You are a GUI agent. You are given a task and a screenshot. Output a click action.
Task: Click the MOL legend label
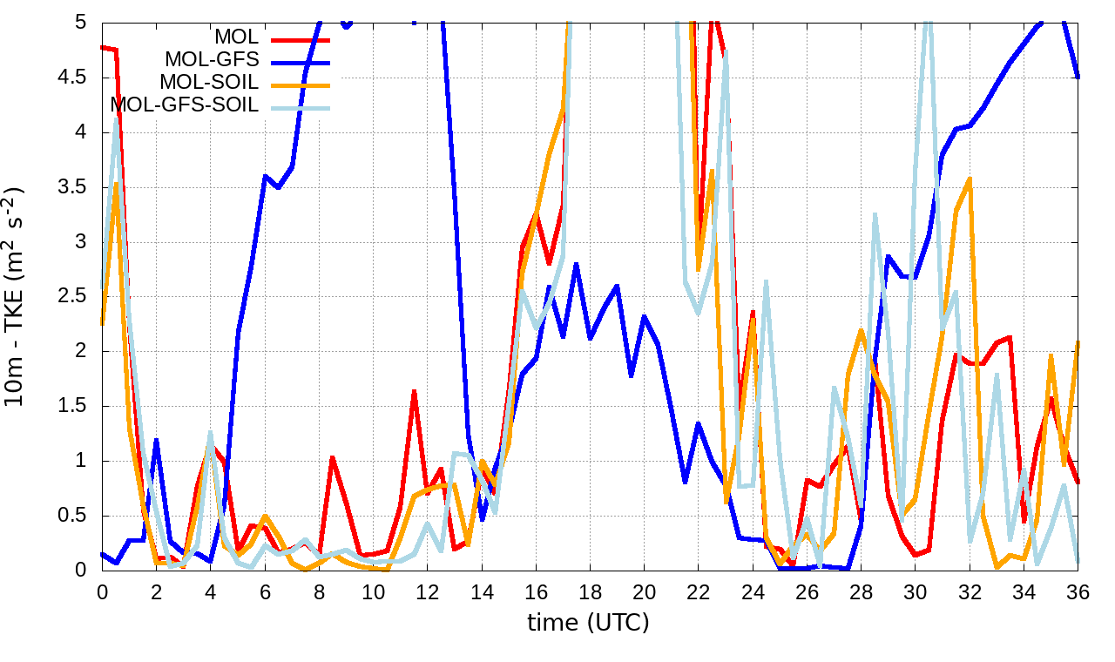(236, 37)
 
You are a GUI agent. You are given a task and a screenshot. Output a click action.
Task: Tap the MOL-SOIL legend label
(209, 83)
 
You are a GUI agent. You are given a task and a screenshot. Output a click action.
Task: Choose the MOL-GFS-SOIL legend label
(185, 105)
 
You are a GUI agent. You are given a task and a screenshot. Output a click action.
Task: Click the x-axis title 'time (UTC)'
(589, 622)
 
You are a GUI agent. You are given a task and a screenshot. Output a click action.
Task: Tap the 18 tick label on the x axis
(589, 591)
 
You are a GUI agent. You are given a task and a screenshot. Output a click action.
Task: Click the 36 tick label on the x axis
(1078, 591)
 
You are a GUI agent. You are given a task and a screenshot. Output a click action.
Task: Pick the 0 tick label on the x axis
(102, 591)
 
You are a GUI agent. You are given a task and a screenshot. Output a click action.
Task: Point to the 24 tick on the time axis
(752, 591)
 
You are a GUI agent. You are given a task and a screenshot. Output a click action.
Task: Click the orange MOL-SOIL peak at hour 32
(970, 179)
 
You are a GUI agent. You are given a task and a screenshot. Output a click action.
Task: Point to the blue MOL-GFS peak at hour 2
(156, 440)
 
